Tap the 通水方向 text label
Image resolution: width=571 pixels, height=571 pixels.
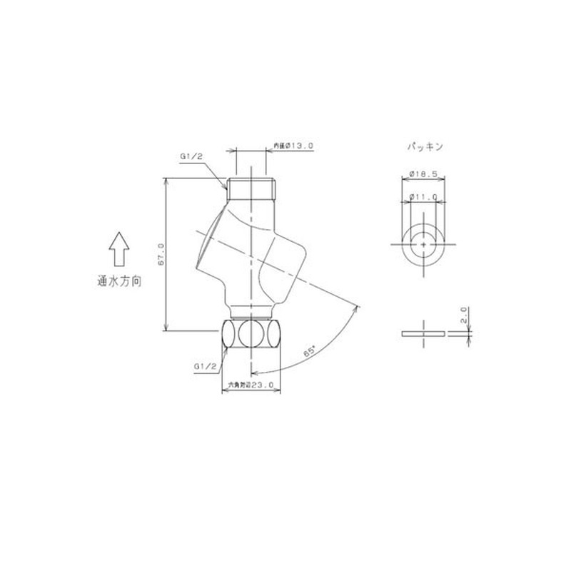click(119, 282)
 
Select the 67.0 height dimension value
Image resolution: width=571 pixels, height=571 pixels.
click(161, 254)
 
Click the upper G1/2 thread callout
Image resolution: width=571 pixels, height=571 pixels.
click(191, 156)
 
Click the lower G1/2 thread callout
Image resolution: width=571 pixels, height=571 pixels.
click(205, 366)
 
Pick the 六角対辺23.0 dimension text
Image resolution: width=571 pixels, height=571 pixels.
click(251, 385)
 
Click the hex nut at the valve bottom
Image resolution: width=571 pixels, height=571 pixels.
click(251, 334)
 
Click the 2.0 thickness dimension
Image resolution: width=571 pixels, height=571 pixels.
click(464, 314)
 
